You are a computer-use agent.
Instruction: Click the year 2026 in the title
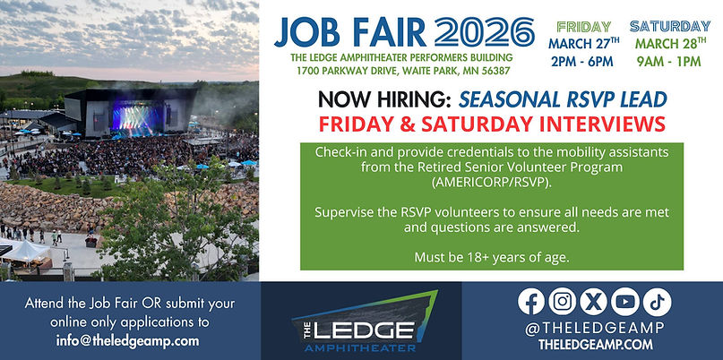tap(478, 32)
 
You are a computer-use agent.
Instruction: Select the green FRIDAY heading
tap(584, 26)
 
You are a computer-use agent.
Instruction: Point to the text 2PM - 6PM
tap(584, 62)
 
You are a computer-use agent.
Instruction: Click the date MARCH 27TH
tap(584, 44)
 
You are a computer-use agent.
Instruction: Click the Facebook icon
tap(531, 302)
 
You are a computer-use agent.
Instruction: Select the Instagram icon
tap(562, 302)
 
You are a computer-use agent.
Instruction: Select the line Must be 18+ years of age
tap(492, 257)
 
